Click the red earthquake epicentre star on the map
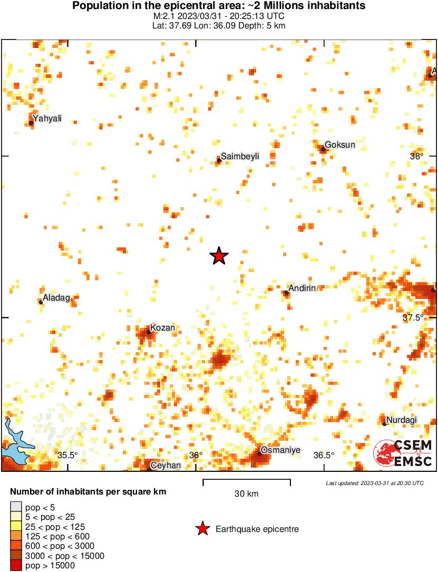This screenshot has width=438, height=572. (x=219, y=256)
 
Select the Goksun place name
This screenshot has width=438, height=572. (x=336, y=144)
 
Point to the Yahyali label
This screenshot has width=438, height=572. (x=47, y=118)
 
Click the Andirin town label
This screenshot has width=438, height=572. (x=302, y=288)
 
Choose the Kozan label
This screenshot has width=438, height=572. (x=162, y=328)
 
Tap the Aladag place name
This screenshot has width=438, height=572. (x=56, y=298)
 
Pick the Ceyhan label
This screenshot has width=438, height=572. (x=166, y=466)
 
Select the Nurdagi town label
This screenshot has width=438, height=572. (x=402, y=420)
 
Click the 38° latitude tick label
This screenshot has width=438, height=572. (x=417, y=156)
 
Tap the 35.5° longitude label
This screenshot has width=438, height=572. (x=67, y=455)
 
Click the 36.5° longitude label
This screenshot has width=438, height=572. (x=324, y=455)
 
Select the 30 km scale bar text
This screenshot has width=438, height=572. (x=246, y=494)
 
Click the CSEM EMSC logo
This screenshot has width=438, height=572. (x=403, y=453)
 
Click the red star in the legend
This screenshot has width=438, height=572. (x=202, y=529)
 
